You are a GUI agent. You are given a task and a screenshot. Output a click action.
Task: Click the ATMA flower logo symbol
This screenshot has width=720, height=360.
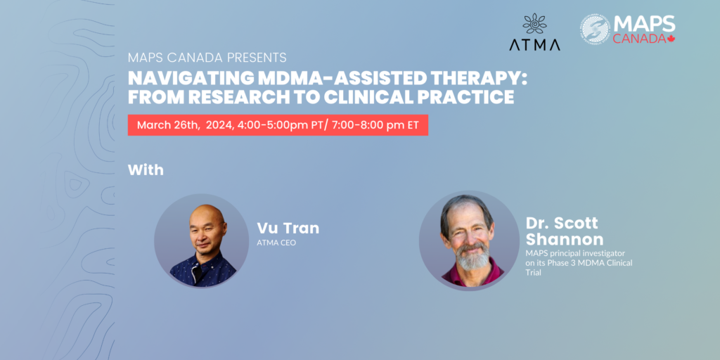click(x=535, y=23)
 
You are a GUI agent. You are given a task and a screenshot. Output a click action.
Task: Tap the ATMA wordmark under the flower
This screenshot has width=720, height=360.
click(x=534, y=44)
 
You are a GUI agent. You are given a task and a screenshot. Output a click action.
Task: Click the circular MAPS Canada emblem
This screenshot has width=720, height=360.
click(x=595, y=29)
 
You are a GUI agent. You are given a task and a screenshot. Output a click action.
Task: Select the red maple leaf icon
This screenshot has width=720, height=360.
click(x=671, y=39)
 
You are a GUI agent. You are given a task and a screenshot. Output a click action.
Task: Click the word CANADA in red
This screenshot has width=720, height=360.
click(x=639, y=39)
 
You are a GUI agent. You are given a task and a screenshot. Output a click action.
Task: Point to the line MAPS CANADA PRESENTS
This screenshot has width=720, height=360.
click(x=207, y=58)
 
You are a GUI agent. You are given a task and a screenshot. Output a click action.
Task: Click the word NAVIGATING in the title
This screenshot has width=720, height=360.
click(x=190, y=79)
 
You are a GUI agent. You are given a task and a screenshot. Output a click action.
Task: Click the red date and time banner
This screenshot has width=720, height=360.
click(x=278, y=125)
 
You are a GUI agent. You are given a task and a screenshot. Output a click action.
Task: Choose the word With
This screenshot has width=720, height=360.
click(x=146, y=170)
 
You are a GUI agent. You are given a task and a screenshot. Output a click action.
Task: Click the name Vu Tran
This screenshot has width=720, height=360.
click(x=288, y=229)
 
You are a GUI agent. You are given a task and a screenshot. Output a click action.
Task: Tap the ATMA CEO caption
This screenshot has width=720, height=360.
click(x=276, y=243)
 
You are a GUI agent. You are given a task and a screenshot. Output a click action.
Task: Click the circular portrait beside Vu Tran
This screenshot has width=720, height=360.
click(x=202, y=240)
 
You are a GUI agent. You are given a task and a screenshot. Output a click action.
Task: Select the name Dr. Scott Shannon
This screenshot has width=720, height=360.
click(x=565, y=231)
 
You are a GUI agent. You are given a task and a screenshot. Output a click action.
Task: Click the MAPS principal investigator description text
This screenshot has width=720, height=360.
click(x=579, y=263)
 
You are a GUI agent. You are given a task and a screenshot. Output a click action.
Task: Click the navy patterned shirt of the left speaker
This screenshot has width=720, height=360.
click(x=202, y=270)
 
